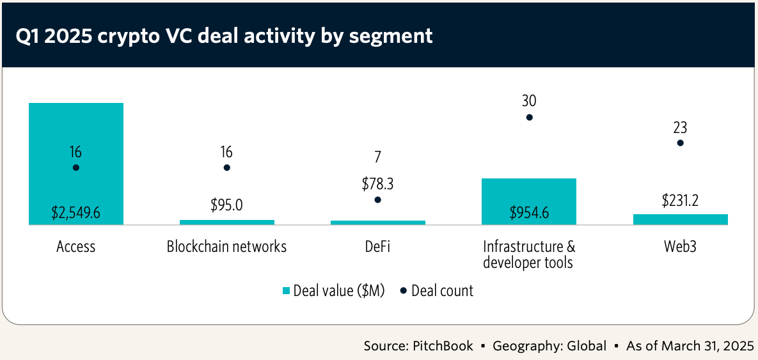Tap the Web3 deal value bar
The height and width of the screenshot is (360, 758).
(x=680, y=219)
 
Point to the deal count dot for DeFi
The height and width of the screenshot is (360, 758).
(x=377, y=200)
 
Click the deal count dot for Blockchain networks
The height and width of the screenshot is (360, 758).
(x=226, y=168)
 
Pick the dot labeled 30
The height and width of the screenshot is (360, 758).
(x=529, y=118)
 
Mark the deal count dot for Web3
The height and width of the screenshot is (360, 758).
(x=680, y=143)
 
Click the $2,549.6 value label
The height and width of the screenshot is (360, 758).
(x=75, y=213)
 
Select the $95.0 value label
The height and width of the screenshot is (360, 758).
(x=226, y=206)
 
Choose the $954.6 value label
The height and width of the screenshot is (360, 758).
(x=528, y=213)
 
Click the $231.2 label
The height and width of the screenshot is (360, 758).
(x=680, y=200)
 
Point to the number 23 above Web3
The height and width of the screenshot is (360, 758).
(x=680, y=127)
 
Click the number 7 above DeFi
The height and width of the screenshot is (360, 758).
(x=377, y=157)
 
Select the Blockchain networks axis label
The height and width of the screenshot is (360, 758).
(x=226, y=246)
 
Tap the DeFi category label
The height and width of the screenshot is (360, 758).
(x=377, y=246)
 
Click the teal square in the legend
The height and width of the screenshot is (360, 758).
(x=287, y=291)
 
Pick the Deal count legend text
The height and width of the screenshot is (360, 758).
(x=442, y=291)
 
